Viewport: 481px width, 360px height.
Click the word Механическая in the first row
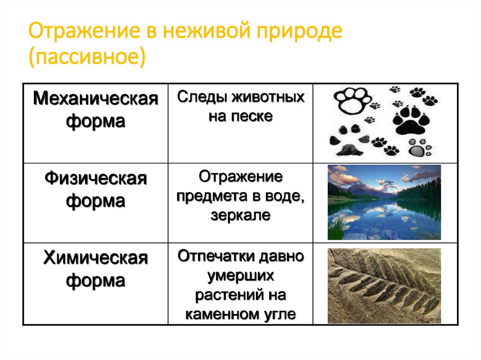[95, 100]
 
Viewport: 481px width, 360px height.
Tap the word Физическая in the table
[95, 179]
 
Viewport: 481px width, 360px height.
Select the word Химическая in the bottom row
[95, 258]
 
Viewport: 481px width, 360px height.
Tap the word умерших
[240, 276]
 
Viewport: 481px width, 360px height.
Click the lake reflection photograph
[384, 202]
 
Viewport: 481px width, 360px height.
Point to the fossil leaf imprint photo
[384, 286]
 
